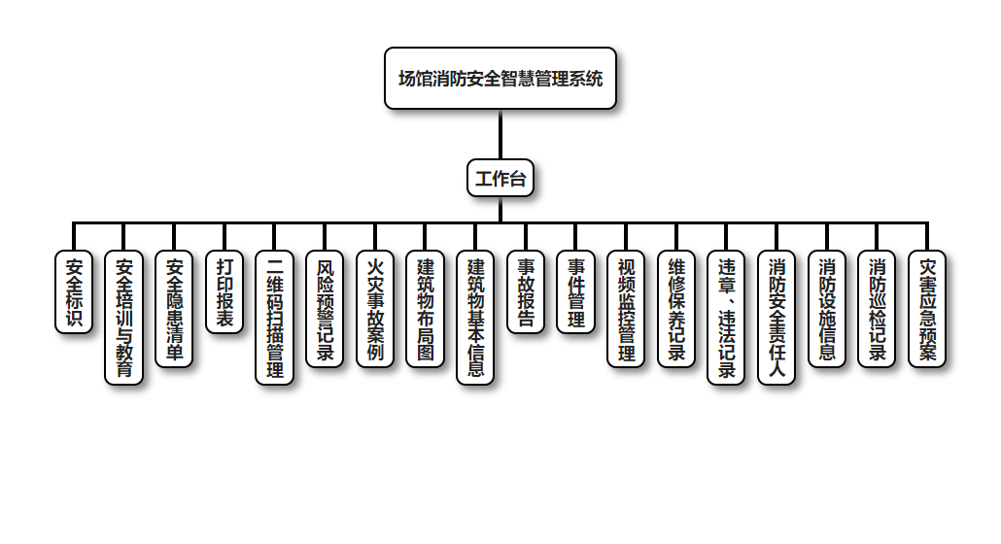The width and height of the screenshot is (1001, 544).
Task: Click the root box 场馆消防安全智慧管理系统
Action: (500, 78)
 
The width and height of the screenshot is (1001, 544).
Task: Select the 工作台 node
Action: (500, 178)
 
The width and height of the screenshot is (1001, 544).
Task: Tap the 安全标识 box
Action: (74, 291)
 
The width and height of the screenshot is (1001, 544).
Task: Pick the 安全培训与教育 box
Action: (124, 318)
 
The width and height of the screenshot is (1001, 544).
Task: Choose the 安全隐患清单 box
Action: (175, 309)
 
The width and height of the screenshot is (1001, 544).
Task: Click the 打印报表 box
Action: (224, 291)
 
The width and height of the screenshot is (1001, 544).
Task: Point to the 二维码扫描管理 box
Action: (275, 318)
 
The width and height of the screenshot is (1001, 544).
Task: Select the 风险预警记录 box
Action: (326, 309)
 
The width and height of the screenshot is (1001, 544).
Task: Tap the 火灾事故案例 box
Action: (375, 309)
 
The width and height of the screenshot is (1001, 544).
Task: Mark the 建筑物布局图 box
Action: (426, 309)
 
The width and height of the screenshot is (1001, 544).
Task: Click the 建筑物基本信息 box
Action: (476, 318)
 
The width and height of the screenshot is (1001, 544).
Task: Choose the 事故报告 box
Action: (526, 291)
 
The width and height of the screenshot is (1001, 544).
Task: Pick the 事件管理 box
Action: (576, 291)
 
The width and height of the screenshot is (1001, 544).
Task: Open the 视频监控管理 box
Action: (627, 309)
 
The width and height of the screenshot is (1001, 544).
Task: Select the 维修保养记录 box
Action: (676, 309)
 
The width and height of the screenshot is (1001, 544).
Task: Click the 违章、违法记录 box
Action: (727, 318)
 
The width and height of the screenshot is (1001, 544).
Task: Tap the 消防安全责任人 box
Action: (777, 318)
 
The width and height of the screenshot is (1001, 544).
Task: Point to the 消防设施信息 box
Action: (827, 309)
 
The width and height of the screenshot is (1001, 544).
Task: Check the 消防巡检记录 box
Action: (878, 309)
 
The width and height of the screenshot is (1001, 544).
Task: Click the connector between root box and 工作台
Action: (500, 134)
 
